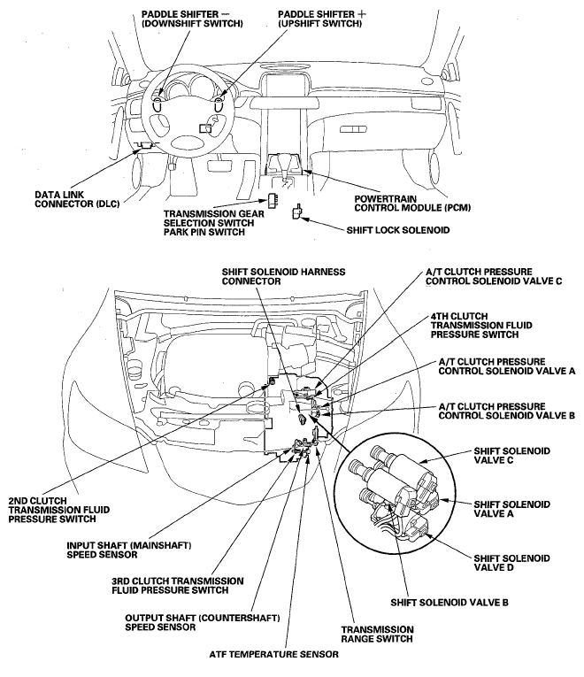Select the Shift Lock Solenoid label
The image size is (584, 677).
click(395, 229)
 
